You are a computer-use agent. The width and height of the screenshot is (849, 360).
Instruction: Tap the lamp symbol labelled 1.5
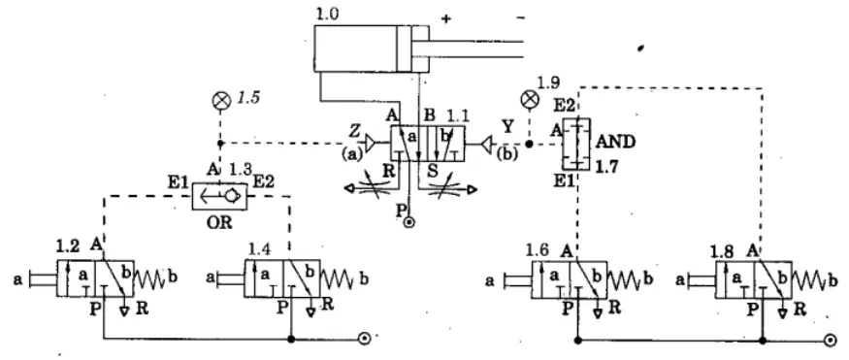[x=220, y=102]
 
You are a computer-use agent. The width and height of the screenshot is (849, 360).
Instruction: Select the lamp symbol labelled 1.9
[x=529, y=100]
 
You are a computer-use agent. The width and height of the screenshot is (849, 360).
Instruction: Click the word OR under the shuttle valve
[x=219, y=223]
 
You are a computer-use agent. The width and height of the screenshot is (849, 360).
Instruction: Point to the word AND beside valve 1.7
[x=615, y=142]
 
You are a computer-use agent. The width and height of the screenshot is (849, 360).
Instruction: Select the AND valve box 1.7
[x=576, y=144]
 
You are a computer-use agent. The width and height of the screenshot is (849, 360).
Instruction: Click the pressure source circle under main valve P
[x=409, y=221]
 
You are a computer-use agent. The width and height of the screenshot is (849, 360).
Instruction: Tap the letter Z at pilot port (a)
[x=354, y=131]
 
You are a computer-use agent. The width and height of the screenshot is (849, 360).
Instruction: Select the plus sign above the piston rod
[x=445, y=19]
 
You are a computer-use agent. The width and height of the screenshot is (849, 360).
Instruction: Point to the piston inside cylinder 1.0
[x=404, y=49]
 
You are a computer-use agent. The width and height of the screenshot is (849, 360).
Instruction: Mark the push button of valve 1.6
[x=517, y=279]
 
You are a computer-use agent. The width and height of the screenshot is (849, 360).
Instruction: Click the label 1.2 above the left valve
[x=68, y=246]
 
